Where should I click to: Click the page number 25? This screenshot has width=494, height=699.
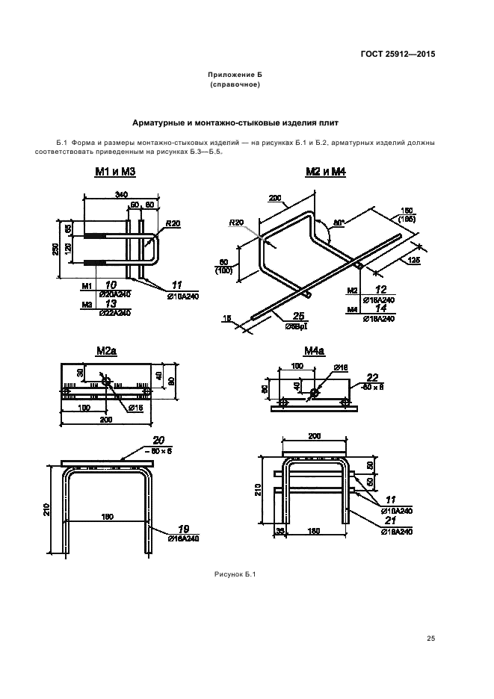click(430, 638)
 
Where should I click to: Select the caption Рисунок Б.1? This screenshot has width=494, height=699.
click(235, 574)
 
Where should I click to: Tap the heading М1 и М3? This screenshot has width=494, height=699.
click(116, 172)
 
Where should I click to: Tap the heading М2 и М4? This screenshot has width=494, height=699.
click(327, 172)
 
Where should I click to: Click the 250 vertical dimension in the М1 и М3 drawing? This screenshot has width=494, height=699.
click(55, 248)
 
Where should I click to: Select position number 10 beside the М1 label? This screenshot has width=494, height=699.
click(110, 285)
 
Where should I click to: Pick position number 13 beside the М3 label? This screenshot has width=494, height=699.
click(110, 304)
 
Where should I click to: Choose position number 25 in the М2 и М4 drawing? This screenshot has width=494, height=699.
click(299, 315)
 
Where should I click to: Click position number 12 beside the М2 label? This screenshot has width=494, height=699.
click(382, 289)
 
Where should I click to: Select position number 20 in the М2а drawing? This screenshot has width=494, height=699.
click(158, 441)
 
